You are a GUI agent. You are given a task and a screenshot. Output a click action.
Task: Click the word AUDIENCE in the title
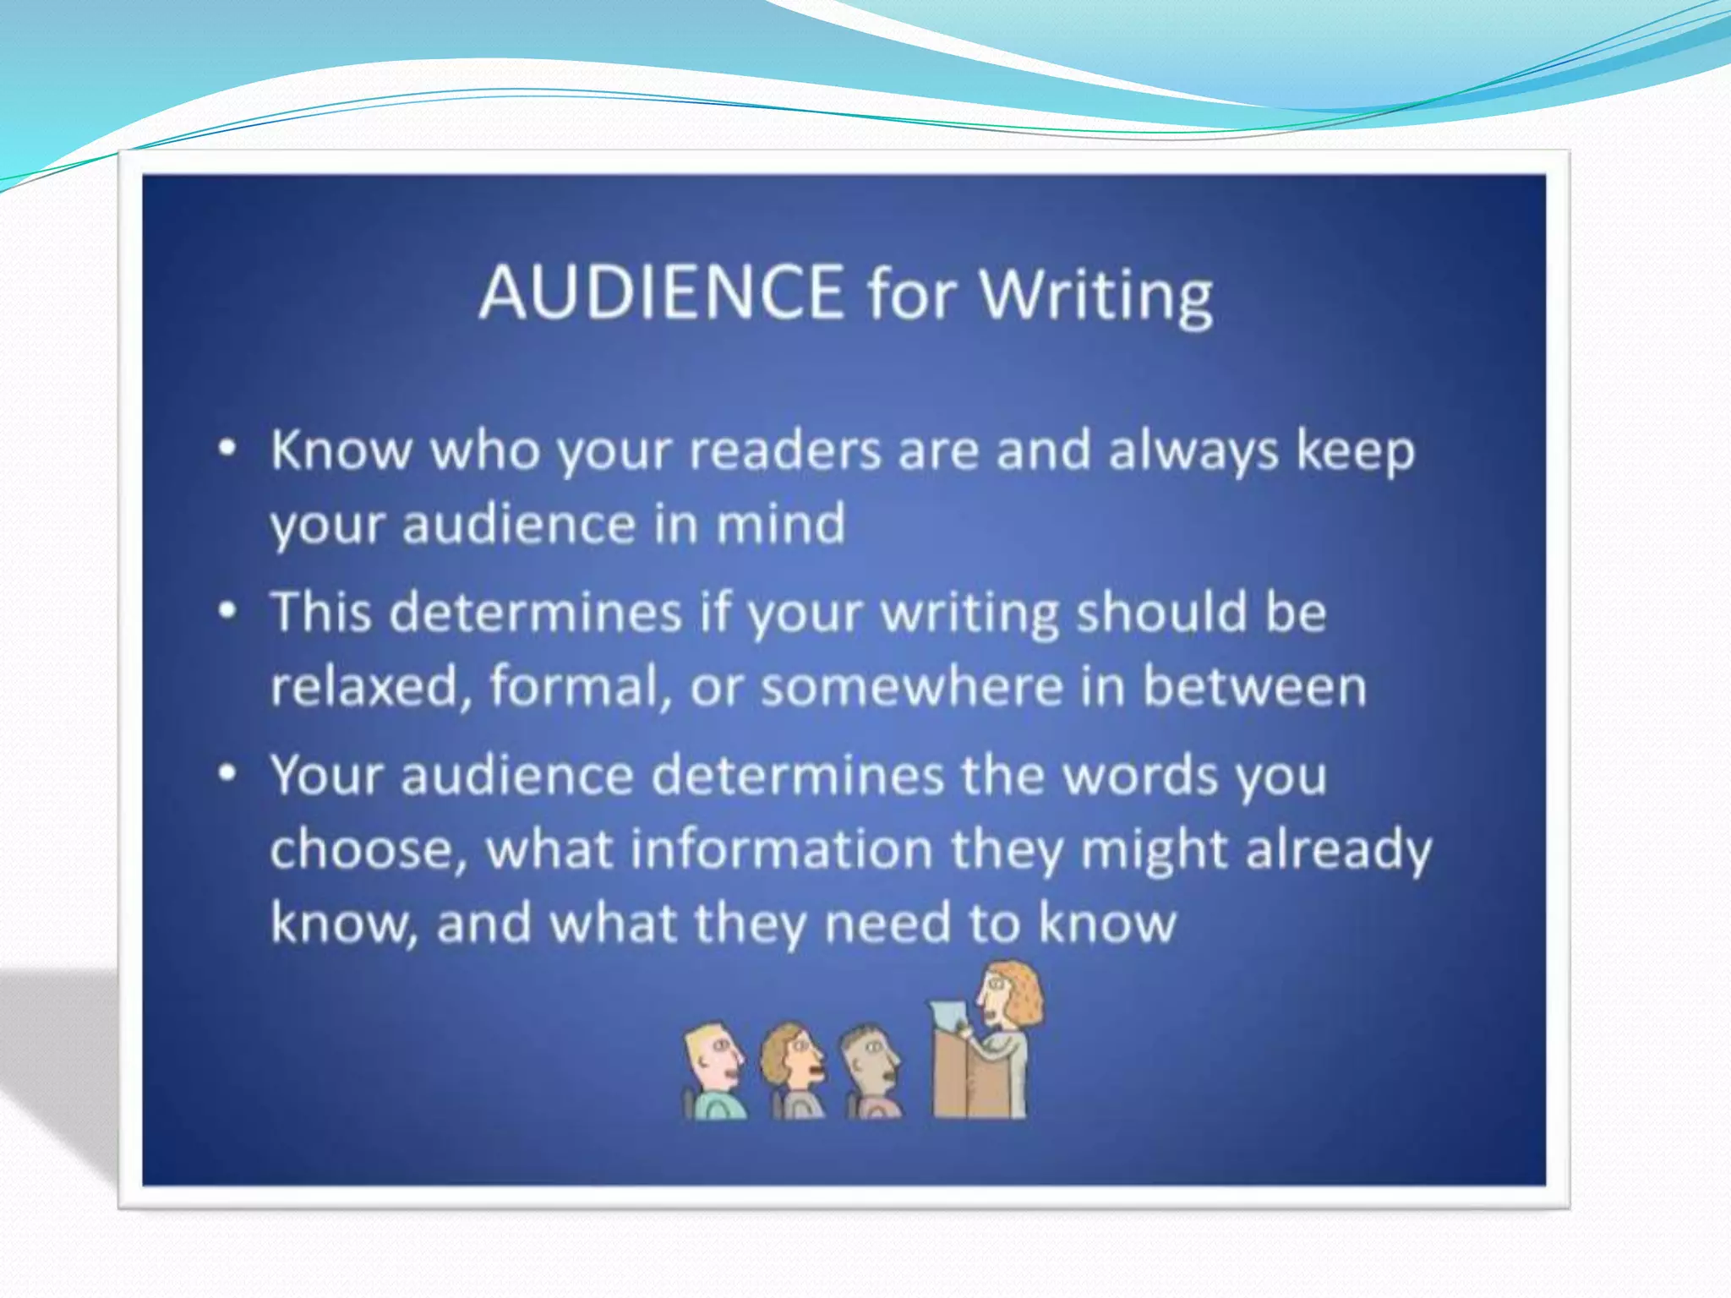pos(662,292)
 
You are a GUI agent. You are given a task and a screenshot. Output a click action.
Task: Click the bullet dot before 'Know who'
pos(227,449)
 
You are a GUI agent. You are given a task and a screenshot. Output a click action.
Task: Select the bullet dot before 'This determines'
pos(227,611)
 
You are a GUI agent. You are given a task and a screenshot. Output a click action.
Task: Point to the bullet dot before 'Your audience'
pos(227,773)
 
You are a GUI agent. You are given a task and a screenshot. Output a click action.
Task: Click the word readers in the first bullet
pos(785,450)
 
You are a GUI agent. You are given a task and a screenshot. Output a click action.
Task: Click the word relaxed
pos(364,685)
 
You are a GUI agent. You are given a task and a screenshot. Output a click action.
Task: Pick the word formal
pos(575,685)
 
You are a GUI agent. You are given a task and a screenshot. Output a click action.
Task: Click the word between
pos(1254,685)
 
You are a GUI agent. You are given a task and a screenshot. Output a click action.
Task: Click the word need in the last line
pos(887,923)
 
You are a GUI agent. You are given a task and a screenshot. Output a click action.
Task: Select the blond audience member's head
pos(711,1056)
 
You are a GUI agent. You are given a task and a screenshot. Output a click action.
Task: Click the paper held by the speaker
pos(948,1014)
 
